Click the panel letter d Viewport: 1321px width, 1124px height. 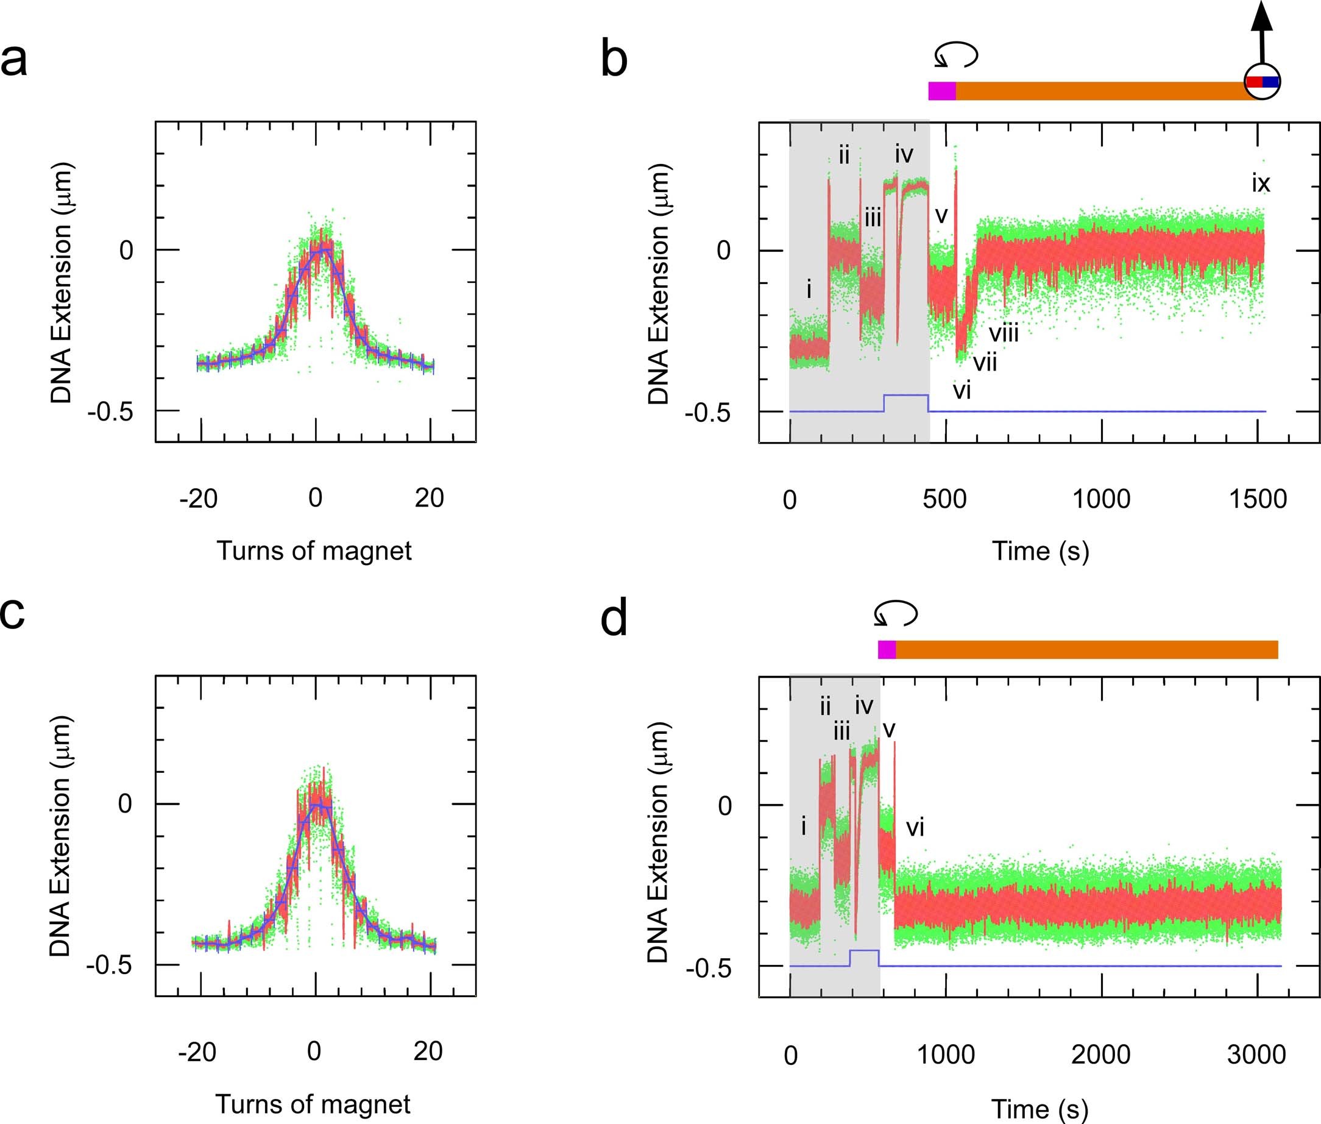coord(614,619)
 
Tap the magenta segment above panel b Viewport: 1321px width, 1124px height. coord(942,91)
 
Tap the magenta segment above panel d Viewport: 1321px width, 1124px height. coord(887,649)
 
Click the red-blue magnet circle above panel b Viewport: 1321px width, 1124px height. coord(1262,82)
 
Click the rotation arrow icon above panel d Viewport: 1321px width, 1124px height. coord(895,614)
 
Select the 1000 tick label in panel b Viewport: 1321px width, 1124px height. coord(1101,499)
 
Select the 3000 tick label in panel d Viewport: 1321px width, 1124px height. coord(1256,1055)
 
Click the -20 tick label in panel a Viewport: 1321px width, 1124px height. coord(199,498)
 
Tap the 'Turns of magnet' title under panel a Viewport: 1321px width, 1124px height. coord(314,550)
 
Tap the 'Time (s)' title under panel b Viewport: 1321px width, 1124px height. coord(1040,550)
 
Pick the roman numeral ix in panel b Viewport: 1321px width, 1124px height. coord(1261,183)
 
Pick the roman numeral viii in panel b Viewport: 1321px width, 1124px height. coord(1004,333)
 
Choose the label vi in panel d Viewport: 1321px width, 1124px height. coord(915,828)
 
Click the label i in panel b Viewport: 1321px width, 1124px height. coord(809,290)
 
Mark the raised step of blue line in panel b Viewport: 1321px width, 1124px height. coord(905,395)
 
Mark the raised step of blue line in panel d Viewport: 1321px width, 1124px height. coord(865,950)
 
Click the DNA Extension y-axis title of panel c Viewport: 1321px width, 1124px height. coord(60,838)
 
